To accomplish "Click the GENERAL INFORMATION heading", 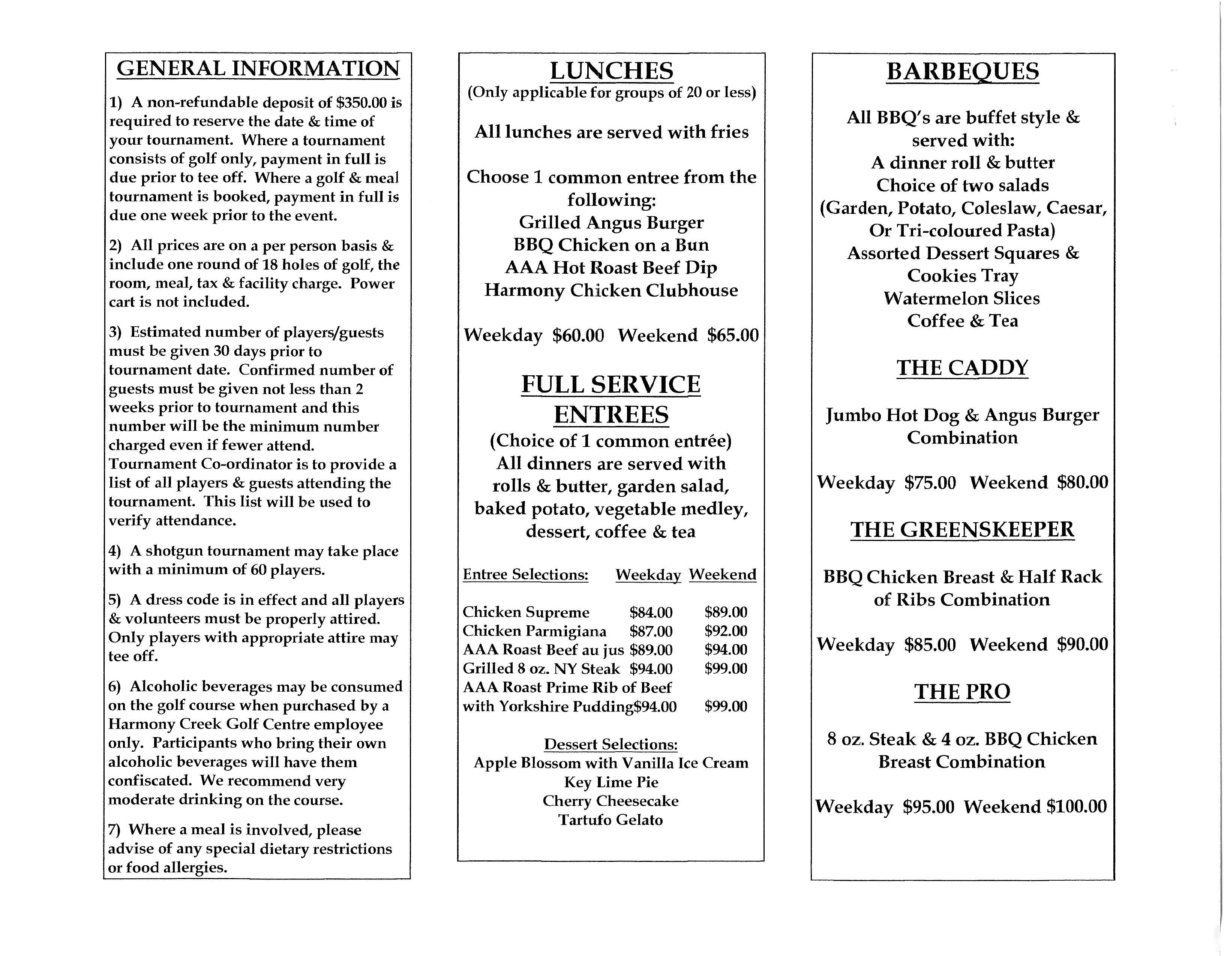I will [258, 69].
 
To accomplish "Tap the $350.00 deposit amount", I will [361, 102].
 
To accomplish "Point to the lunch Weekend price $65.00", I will [733, 336].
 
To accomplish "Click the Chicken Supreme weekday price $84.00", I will [651, 612].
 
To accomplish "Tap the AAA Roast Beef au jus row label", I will [543, 650].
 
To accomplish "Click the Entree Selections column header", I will [525, 574].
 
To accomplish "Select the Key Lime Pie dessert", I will [611, 782].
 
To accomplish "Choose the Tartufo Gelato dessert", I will [610, 820].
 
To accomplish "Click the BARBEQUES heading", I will [963, 72].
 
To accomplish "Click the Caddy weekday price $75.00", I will [930, 482].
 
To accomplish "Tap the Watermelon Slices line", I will [961, 298].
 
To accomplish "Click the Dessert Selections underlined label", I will [610, 744].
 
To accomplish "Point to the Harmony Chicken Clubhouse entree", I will [611, 291].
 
